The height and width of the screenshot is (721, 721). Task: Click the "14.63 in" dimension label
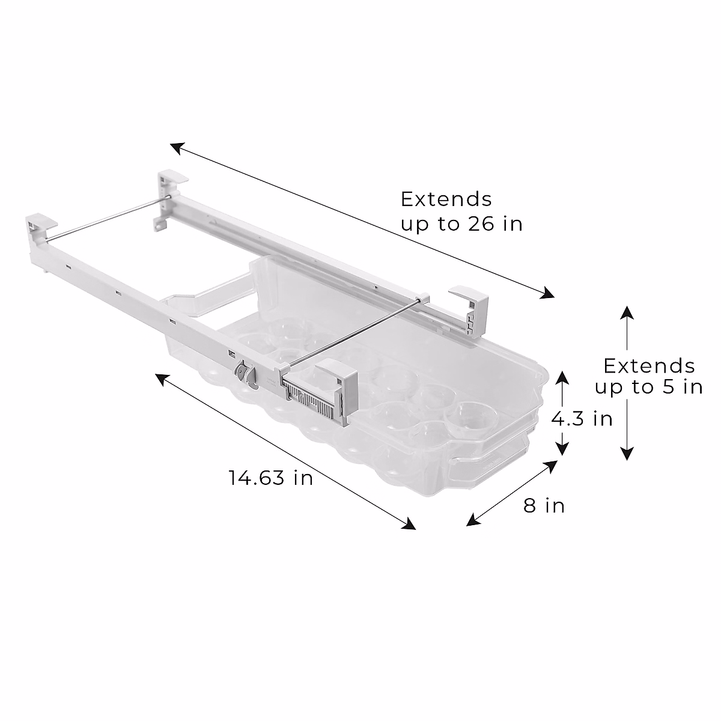click(x=270, y=478)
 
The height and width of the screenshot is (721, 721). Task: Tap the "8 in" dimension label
click(x=544, y=505)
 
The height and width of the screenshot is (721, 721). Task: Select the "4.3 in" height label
click(x=582, y=418)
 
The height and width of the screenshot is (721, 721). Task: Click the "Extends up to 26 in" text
click(x=461, y=211)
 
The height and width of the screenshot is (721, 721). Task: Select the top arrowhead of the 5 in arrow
click(x=627, y=311)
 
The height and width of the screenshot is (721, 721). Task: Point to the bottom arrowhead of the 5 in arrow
click(x=627, y=454)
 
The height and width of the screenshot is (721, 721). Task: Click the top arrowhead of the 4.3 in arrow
click(x=562, y=377)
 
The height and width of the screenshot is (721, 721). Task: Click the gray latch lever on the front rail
click(x=242, y=374)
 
